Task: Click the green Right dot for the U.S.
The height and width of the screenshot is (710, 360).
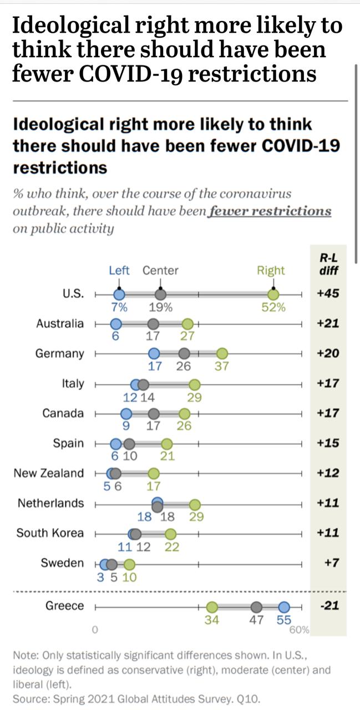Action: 273,294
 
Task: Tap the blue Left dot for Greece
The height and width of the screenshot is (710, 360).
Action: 284,606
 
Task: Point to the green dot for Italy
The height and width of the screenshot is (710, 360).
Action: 194,384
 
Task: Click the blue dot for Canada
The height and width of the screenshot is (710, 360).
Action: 126,414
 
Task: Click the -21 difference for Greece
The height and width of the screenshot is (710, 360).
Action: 329,606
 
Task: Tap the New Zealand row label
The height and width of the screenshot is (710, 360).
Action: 49,473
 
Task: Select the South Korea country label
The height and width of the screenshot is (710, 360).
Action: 50,533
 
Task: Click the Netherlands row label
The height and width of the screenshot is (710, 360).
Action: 51,503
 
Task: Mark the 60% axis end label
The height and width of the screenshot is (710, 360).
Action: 300,630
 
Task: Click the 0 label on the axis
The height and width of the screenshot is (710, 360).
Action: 95,630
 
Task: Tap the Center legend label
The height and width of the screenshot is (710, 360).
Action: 160,271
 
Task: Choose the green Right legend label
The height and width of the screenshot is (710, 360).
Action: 271,271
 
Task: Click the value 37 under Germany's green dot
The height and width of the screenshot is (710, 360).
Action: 222,367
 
